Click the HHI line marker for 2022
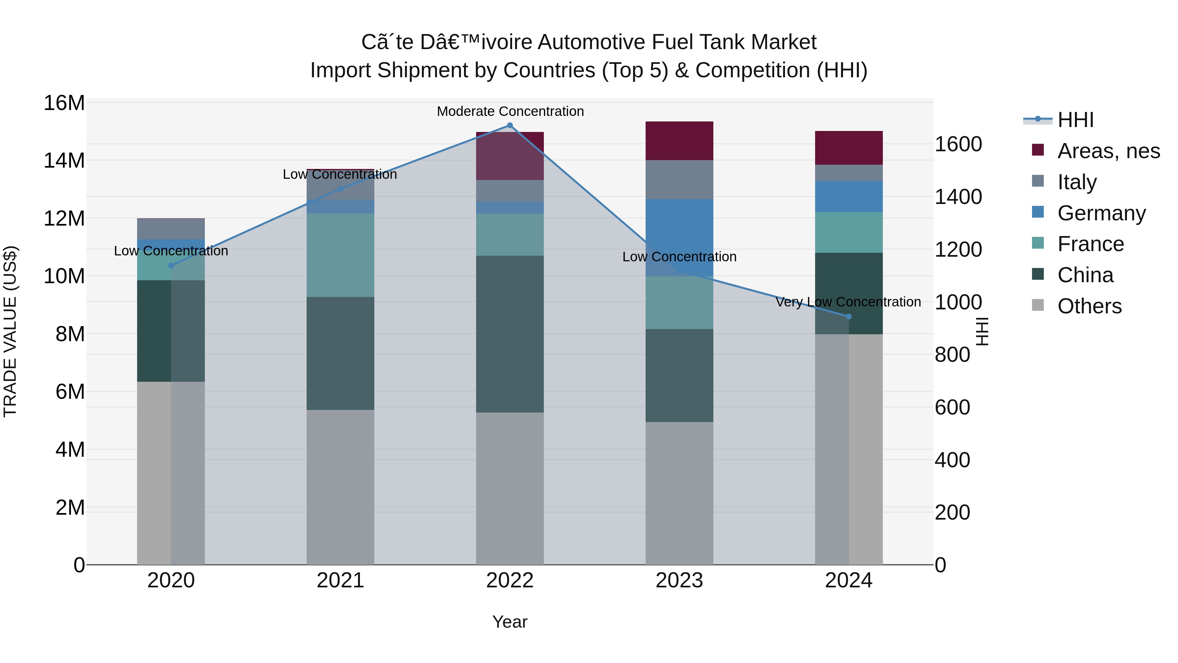pos(510,125)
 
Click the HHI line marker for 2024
pos(849,317)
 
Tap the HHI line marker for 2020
pos(171,266)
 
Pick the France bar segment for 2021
pos(340,255)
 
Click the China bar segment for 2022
pos(510,334)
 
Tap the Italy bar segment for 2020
pos(171,229)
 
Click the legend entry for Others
pos(1089,306)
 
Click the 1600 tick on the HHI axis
pos(958,144)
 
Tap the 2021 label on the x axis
pos(340,580)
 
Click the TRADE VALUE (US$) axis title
pos(10,331)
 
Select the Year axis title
pos(510,622)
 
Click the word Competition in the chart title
pos(753,70)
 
